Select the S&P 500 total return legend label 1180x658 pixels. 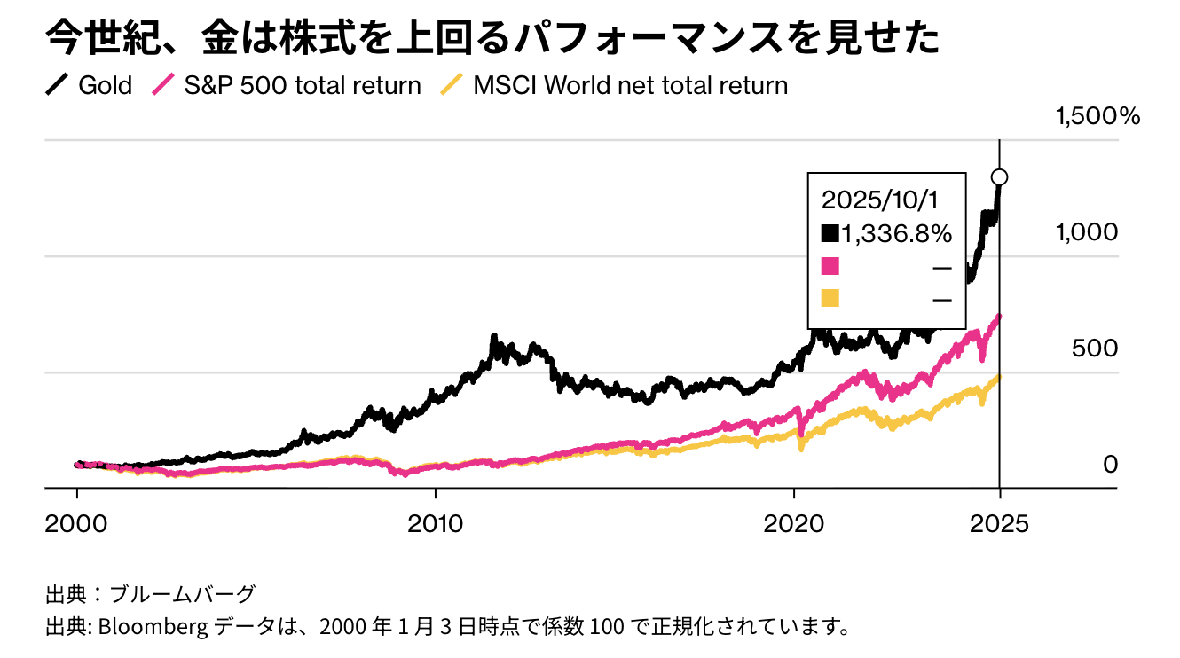(x=302, y=86)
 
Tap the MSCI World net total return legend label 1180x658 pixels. (x=630, y=86)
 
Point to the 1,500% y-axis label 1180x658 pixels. (x=1097, y=116)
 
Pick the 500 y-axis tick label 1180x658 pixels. (x=1095, y=348)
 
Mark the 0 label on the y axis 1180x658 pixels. (x=1110, y=464)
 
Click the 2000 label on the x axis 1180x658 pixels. (x=77, y=522)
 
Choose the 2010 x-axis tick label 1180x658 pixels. (x=436, y=522)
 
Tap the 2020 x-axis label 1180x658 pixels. (x=794, y=522)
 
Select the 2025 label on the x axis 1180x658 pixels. (x=1000, y=522)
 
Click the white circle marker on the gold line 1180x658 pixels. (x=1000, y=177)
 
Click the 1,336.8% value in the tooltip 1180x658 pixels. (x=897, y=233)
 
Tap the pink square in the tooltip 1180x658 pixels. (x=830, y=266)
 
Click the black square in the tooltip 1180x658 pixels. (x=830, y=233)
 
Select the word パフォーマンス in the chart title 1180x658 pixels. (x=629, y=38)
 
